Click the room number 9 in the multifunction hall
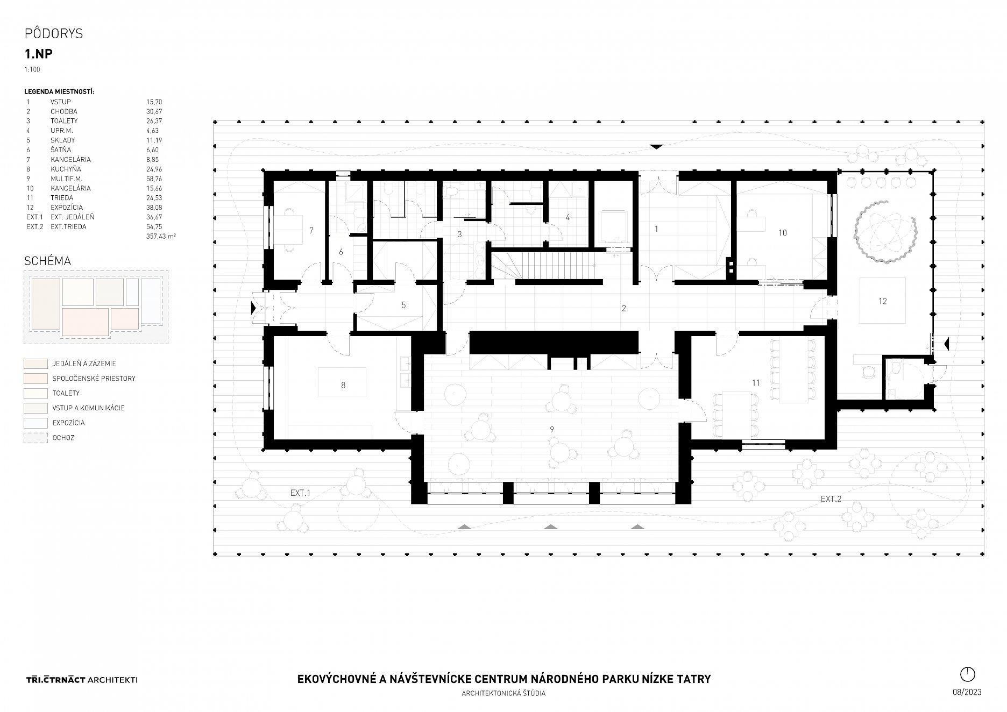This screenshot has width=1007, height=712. tap(551, 429)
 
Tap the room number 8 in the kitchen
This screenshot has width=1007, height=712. tap(343, 385)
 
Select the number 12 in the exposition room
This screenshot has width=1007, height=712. tap(882, 301)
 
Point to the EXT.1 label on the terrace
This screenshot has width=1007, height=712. tap(301, 493)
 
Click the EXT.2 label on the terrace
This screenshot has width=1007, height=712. tap(831, 499)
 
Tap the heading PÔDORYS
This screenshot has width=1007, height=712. tap(54, 34)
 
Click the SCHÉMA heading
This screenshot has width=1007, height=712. tap(48, 261)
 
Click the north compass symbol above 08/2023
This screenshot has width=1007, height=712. tap(967, 674)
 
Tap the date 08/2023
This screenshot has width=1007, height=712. tap(967, 692)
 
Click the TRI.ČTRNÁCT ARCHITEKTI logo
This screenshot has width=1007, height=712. tap(81, 680)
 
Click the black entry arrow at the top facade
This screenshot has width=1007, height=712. tap(656, 146)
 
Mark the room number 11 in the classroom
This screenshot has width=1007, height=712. tap(756, 383)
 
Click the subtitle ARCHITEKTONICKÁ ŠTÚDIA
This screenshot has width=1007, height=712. tap(503, 694)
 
